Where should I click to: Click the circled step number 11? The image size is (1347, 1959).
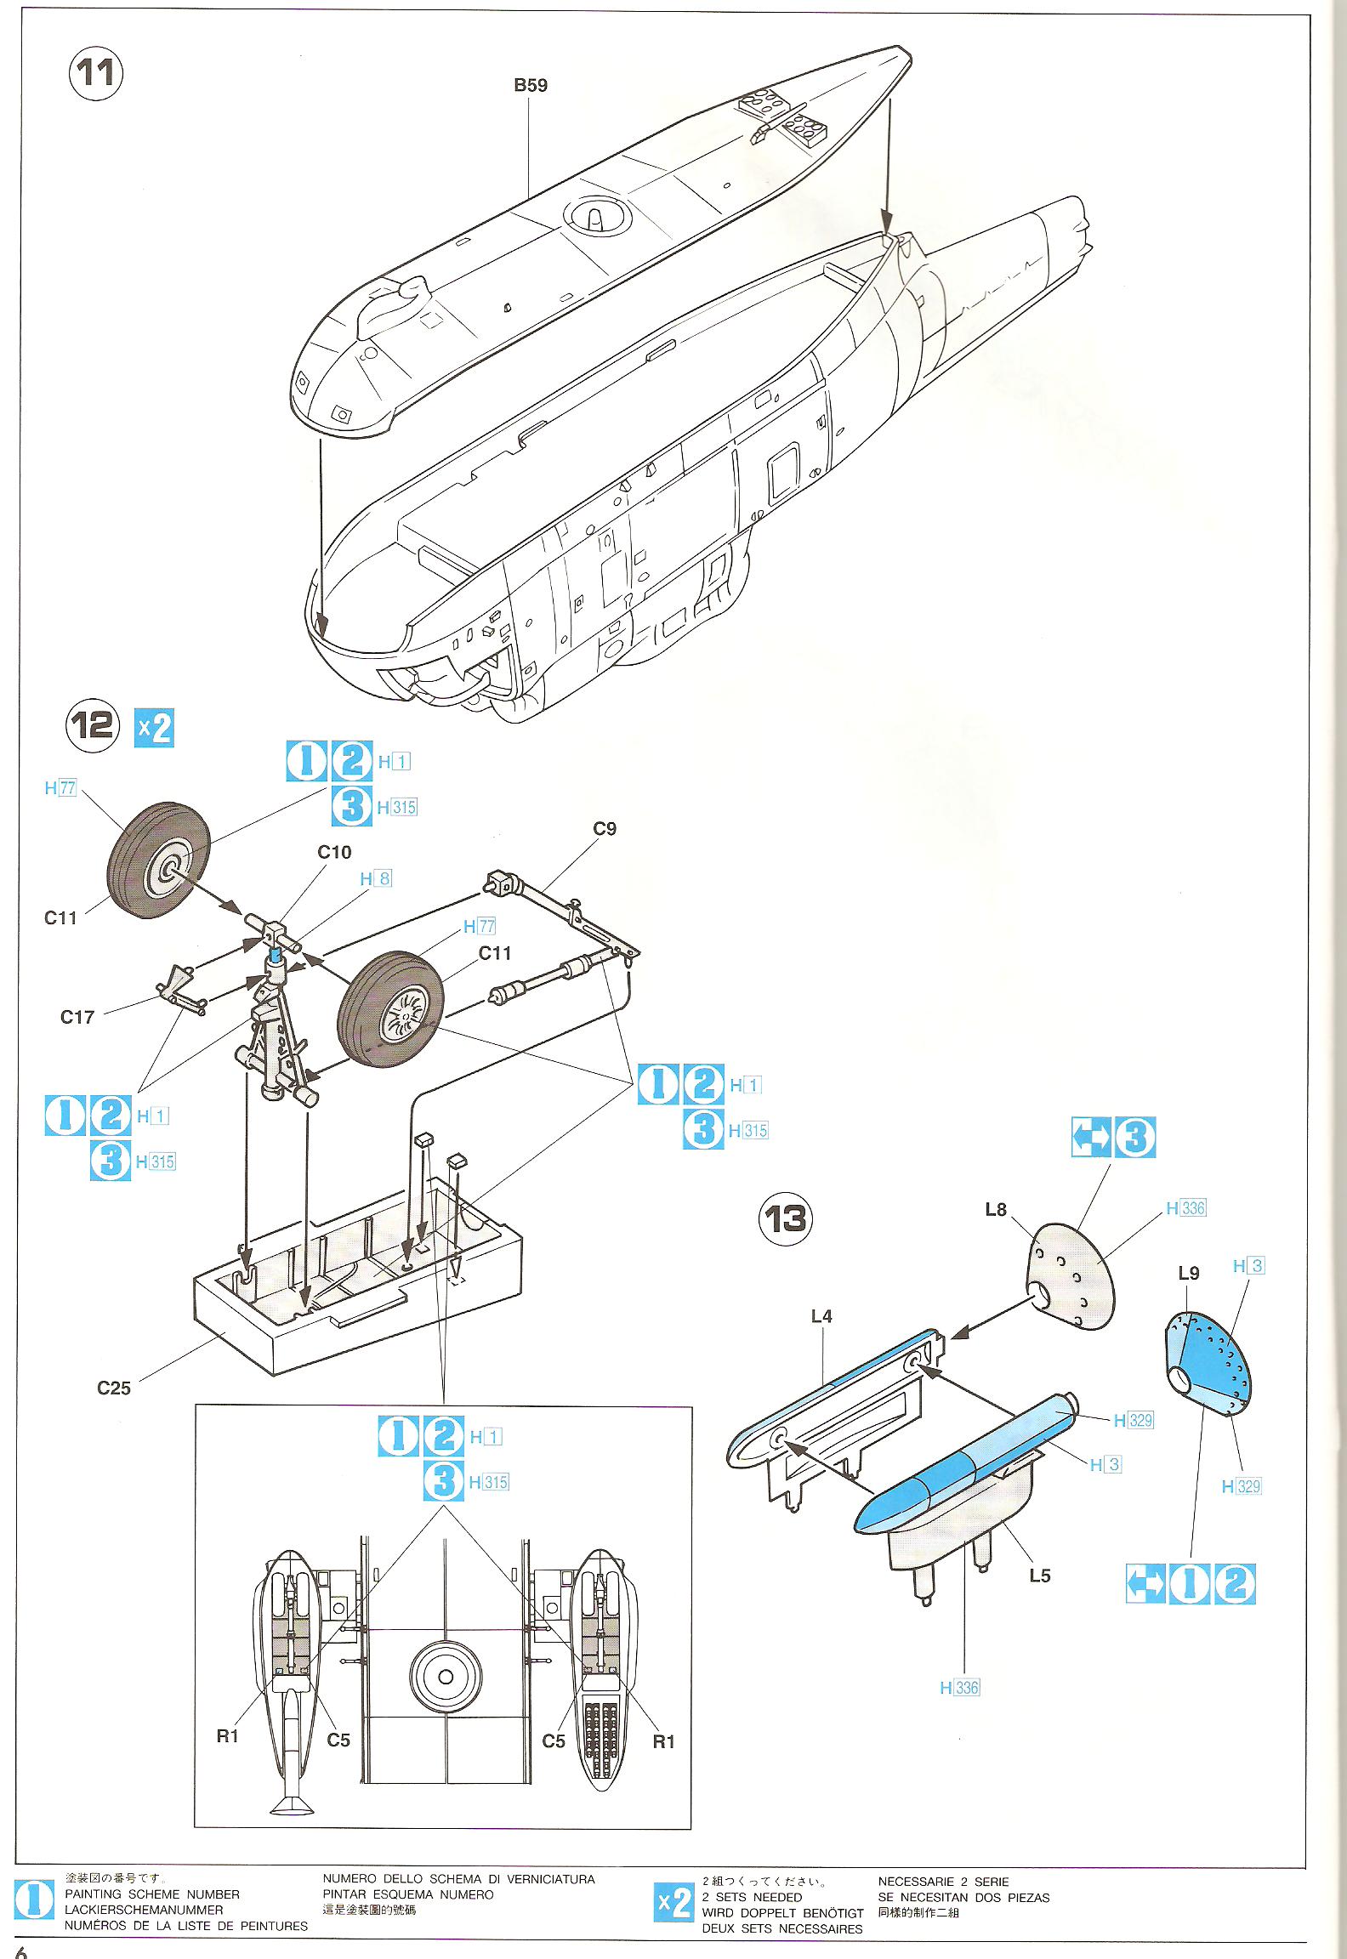(95, 73)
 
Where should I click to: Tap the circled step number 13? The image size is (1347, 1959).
(785, 1219)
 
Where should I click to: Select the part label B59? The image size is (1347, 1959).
(531, 85)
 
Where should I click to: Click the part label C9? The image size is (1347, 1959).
(605, 828)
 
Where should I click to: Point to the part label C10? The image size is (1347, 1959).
(334, 852)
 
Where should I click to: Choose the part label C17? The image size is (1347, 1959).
(77, 1017)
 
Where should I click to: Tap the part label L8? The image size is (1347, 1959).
(996, 1209)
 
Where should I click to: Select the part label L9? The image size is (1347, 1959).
(1189, 1273)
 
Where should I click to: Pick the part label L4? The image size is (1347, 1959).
(821, 1316)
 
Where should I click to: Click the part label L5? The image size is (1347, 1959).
(1040, 1575)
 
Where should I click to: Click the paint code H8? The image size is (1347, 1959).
(376, 878)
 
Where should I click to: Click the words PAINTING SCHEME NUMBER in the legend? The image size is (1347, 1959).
(152, 1894)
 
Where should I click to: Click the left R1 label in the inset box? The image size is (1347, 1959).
(228, 1736)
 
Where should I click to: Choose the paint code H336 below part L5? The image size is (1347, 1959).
(960, 1688)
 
